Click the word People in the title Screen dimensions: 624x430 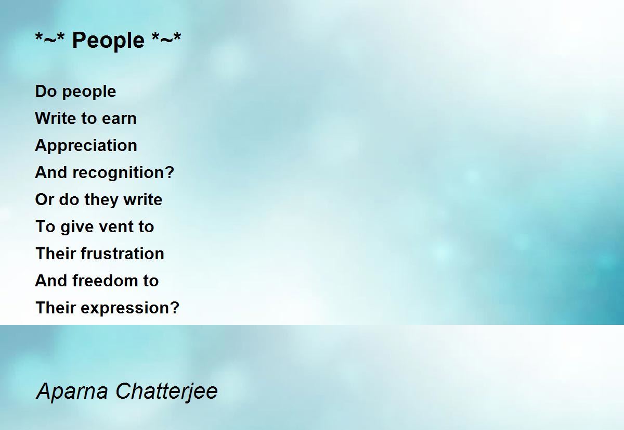click(108, 41)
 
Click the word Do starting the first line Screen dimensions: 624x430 click(46, 91)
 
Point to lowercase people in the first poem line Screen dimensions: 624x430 click(89, 92)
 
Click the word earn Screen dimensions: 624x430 click(119, 119)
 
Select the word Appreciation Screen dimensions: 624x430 click(86, 146)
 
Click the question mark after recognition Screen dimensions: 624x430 click(170, 172)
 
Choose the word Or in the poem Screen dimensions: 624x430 click(45, 199)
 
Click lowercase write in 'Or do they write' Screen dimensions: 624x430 click(143, 199)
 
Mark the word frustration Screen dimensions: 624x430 click(123, 254)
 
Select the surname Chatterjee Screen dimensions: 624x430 click(166, 393)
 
